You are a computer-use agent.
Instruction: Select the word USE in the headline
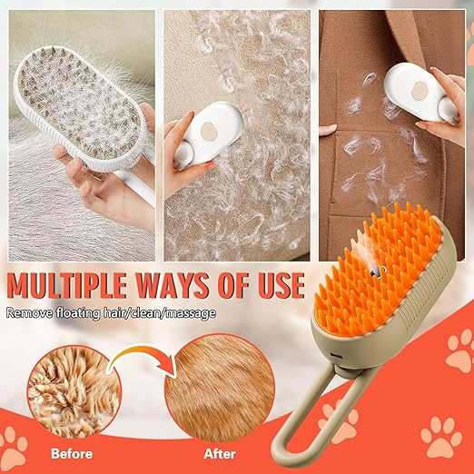pos(271,285)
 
